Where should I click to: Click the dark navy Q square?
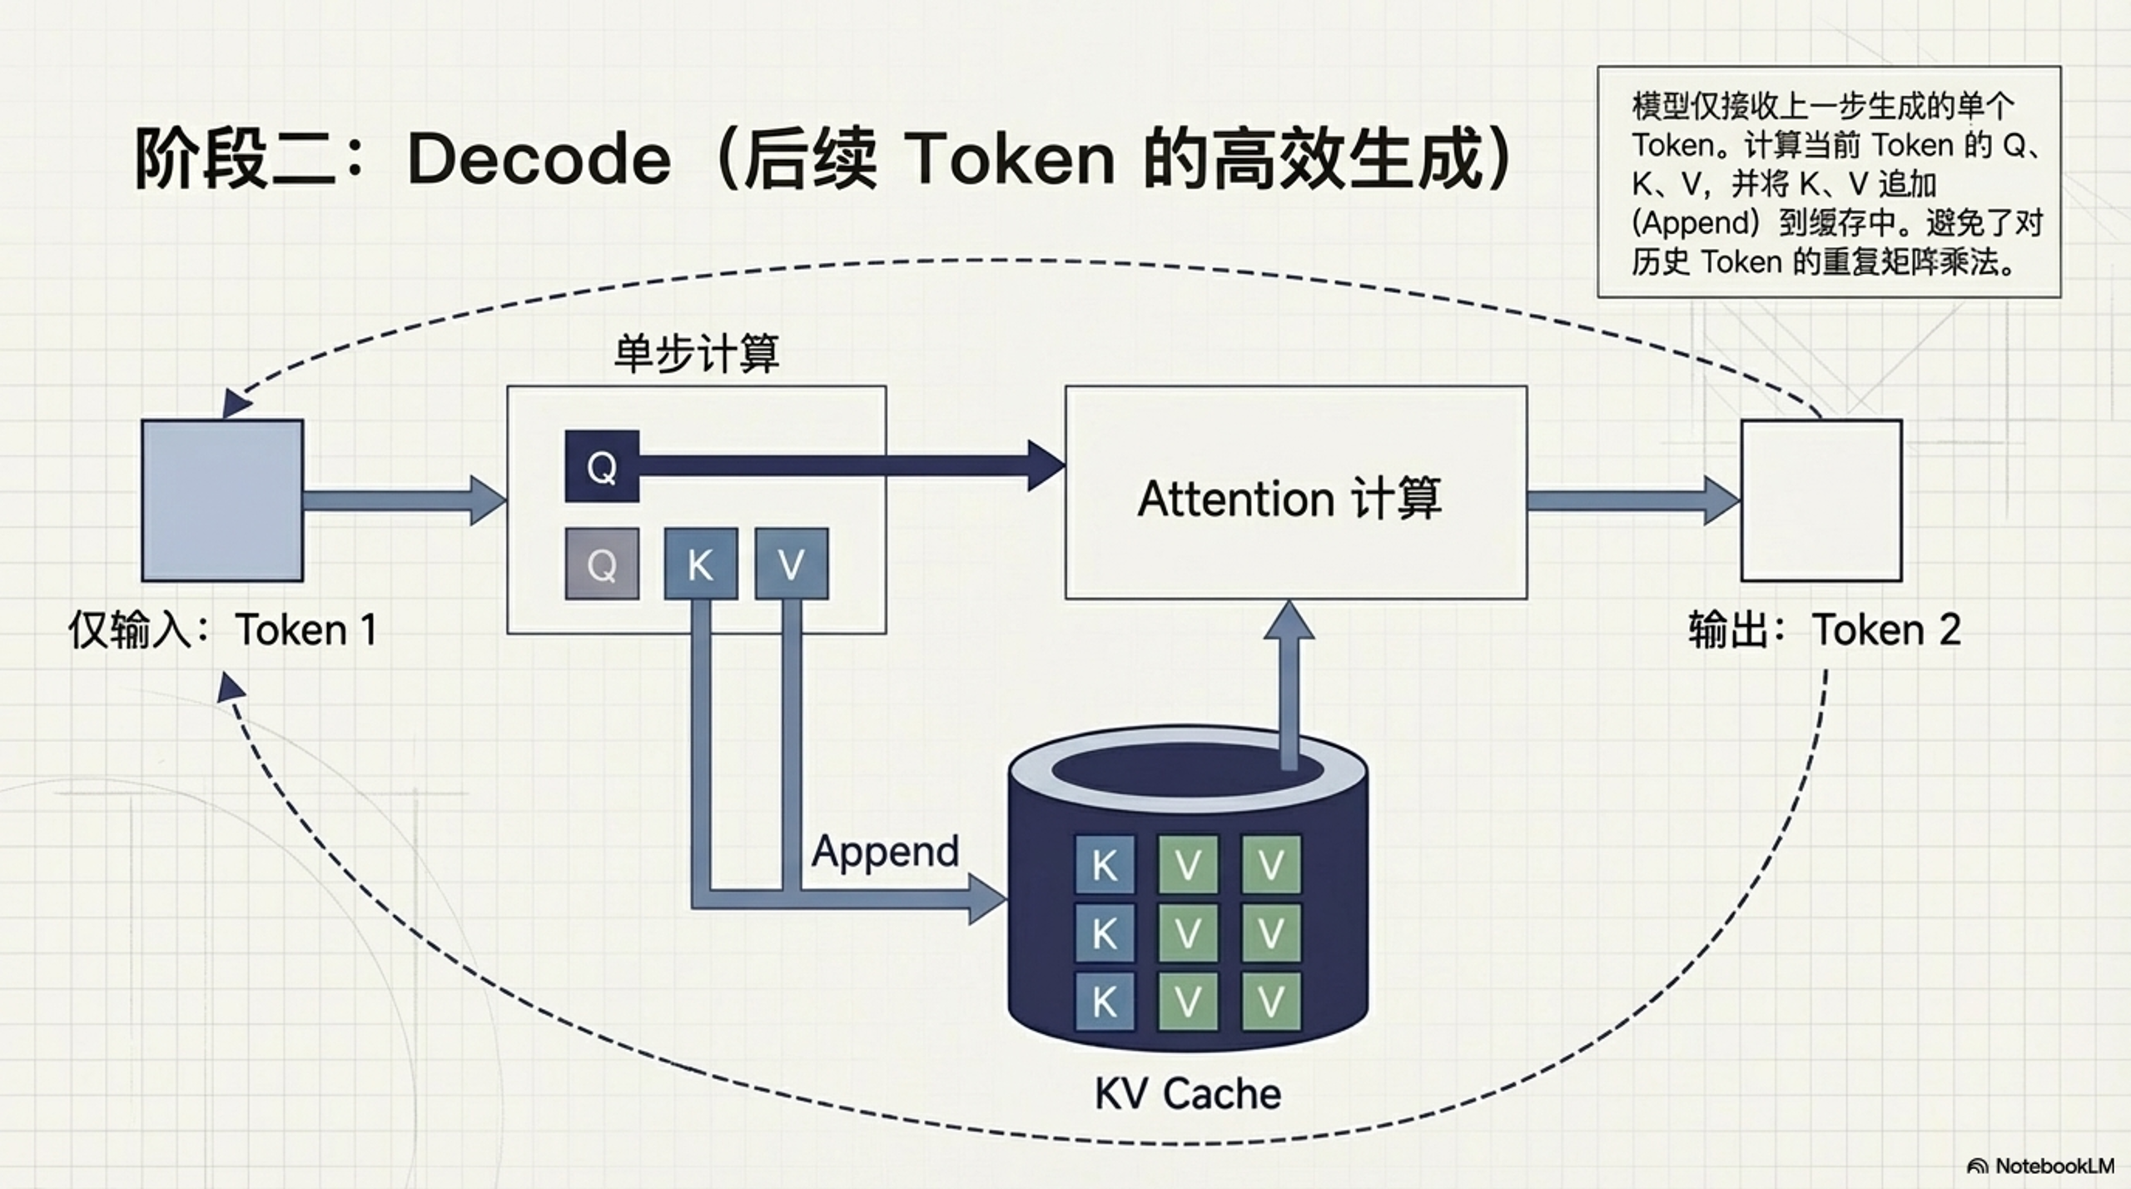pyautogui.click(x=602, y=466)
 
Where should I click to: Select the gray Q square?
pyautogui.click(x=602, y=565)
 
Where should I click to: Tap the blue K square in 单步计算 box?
pyautogui.click(x=700, y=565)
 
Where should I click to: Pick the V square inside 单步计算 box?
pyautogui.click(x=791, y=565)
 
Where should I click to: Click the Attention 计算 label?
pyautogui.click(x=1289, y=499)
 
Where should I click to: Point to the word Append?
pyautogui.click(x=885, y=852)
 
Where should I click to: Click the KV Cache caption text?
pyautogui.click(x=1187, y=1093)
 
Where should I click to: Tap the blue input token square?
pyautogui.click(x=222, y=500)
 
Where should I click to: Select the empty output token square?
pyautogui.click(x=1821, y=500)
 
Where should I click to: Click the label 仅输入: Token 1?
pyautogui.click(x=222, y=629)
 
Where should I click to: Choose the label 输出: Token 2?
pyautogui.click(x=1824, y=629)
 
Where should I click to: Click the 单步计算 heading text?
pyautogui.click(x=696, y=353)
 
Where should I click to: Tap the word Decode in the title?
pyautogui.click(x=539, y=159)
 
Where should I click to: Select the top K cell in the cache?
pyautogui.click(x=1104, y=865)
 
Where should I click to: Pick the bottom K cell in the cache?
pyautogui.click(x=1104, y=1002)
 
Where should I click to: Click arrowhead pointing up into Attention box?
pyautogui.click(x=1289, y=620)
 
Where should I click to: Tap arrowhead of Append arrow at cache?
pyautogui.click(x=988, y=900)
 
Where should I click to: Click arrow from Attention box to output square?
pyautogui.click(x=1632, y=500)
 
